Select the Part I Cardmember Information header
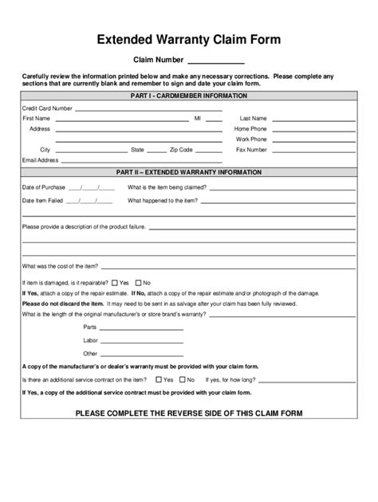(x=188, y=96)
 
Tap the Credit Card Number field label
(x=47, y=108)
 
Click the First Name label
(x=36, y=118)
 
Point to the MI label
(x=198, y=118)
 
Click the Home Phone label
(x=250, y=128)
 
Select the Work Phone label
(x=251, y=139)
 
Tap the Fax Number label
(x=251, y=149)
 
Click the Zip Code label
(x=181, y=149)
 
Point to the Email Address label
(x=41, y=159)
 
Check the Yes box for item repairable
(x=115, y=282)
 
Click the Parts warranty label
(x=89, y=327)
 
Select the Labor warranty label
(x=90, y=339)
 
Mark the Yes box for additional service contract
(x=159, y=379)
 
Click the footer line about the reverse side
(x=188, y=413)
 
